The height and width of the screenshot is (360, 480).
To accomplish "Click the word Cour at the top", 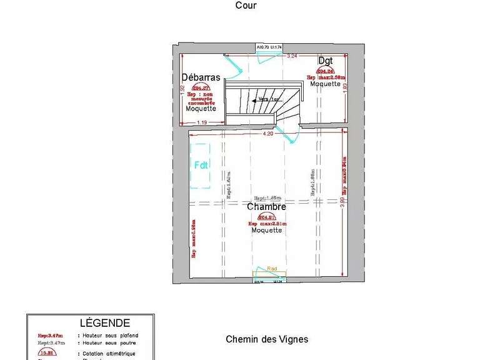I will click(246, 6).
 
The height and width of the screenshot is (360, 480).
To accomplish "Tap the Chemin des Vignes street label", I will click(267, 339).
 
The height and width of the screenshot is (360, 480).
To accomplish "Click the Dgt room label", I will click(325, 61).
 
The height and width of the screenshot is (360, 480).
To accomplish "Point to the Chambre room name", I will click(266, 206).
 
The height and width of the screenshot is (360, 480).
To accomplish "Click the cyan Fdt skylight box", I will click(201, 166).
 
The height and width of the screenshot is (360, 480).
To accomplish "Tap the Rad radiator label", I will click(272, 268).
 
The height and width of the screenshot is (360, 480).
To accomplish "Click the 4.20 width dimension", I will click(268, 133).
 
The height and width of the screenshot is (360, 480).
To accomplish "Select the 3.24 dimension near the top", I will click(291, 56).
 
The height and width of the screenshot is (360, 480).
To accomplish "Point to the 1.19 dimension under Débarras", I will click(202, 122).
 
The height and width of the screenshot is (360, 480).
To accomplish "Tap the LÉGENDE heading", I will click(105, 323).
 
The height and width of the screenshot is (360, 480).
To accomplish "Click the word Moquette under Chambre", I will click(267, 230).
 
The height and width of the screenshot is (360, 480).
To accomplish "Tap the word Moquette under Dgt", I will click(326, 84).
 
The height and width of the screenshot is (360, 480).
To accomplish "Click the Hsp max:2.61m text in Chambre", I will click(267, 223).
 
